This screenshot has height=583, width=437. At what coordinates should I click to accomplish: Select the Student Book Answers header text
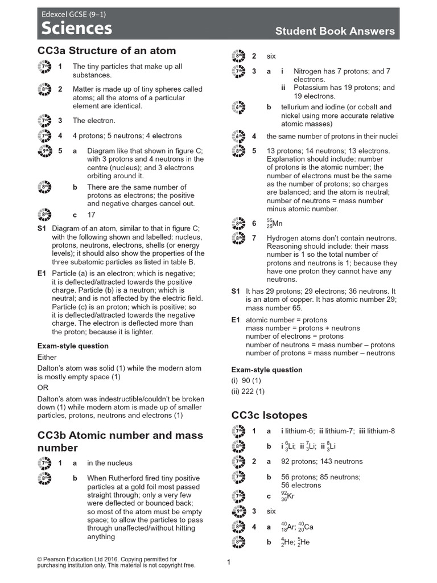[335, 31]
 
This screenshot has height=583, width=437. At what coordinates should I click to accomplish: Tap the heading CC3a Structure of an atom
[106, 51]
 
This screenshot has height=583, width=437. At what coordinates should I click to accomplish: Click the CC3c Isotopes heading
[269, 415]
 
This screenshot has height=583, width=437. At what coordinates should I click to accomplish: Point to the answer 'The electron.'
[94, 121]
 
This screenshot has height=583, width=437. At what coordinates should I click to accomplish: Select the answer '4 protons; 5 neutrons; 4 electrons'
[127, 136]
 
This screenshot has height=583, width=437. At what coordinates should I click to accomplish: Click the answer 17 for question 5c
[92, 215]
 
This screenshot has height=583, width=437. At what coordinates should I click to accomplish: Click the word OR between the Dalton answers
[43, 388]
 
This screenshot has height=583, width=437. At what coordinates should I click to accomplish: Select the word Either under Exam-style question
[47, 358]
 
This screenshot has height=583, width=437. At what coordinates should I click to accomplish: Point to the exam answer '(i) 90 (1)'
[246, 380]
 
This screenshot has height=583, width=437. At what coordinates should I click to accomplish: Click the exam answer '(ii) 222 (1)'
[248, 392]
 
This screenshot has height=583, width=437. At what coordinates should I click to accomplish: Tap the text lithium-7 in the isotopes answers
[339, 431]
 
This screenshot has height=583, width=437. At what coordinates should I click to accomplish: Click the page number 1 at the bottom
[228, 563]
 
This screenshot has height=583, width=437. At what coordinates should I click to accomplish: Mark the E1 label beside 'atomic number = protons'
[236, 320]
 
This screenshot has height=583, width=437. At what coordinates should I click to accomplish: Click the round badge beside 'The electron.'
[44, 121]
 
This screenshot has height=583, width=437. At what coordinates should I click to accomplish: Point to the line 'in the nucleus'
[109, 463]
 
